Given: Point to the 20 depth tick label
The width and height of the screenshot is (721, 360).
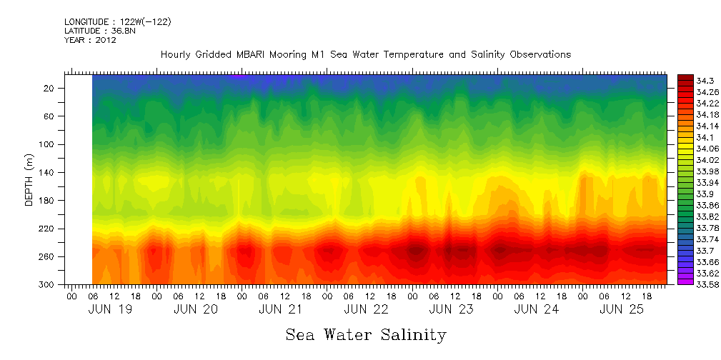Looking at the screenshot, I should (49, 88).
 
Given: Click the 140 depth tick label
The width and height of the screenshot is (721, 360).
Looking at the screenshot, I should (47, 172).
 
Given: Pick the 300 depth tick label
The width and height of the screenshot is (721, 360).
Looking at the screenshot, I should (47, 284).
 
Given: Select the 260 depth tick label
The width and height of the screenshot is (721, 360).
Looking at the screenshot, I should (47, 256).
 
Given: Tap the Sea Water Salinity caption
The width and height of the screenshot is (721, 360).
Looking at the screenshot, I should (366, 335).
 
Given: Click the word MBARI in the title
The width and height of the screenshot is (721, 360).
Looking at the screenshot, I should (254, 54).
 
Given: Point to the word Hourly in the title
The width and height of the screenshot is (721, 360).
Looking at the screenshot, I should (176, 54).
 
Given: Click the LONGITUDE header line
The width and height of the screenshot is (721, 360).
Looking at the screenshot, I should (117, 22).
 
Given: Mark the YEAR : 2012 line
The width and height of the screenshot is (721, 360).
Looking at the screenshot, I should (90, 40).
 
